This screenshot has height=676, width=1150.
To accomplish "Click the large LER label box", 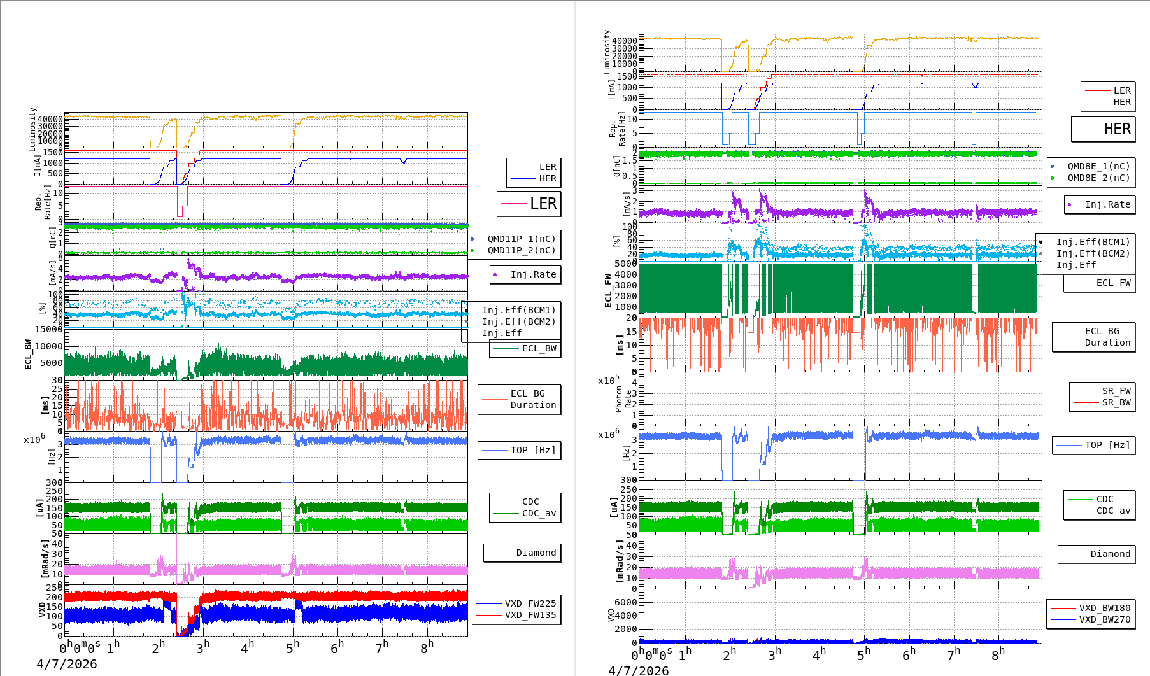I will (529, 204).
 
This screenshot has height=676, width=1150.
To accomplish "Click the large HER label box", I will (1104, 129).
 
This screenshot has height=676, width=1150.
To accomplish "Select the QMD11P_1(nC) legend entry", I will (521, 239).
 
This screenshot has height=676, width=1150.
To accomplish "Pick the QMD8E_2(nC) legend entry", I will (1098, 178).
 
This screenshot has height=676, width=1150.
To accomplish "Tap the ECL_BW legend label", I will (538, 348).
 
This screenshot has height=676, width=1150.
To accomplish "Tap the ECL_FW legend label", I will (1113, 283).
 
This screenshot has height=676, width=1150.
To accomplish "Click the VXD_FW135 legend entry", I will (530, 615).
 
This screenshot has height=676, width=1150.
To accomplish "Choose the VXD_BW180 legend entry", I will (1104, 608).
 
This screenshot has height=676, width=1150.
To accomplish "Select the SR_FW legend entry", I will (1116, 391).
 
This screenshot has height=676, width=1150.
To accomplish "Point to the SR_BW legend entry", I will (1116, 402).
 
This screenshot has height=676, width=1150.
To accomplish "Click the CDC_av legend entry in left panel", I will (538, 513).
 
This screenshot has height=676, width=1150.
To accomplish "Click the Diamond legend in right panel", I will (1110, 554).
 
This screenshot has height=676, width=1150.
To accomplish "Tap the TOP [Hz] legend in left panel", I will (532, 450).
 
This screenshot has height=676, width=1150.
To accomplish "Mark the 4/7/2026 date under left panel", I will (67, 664).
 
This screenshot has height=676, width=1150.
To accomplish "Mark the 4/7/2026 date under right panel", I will (639, 670).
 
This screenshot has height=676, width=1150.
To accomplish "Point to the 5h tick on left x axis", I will (292, 647).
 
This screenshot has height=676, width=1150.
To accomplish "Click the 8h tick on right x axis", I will (998, 654).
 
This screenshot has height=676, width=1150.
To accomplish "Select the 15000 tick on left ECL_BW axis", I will (49, 329).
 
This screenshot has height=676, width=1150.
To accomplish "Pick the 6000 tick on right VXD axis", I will (625, 602).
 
